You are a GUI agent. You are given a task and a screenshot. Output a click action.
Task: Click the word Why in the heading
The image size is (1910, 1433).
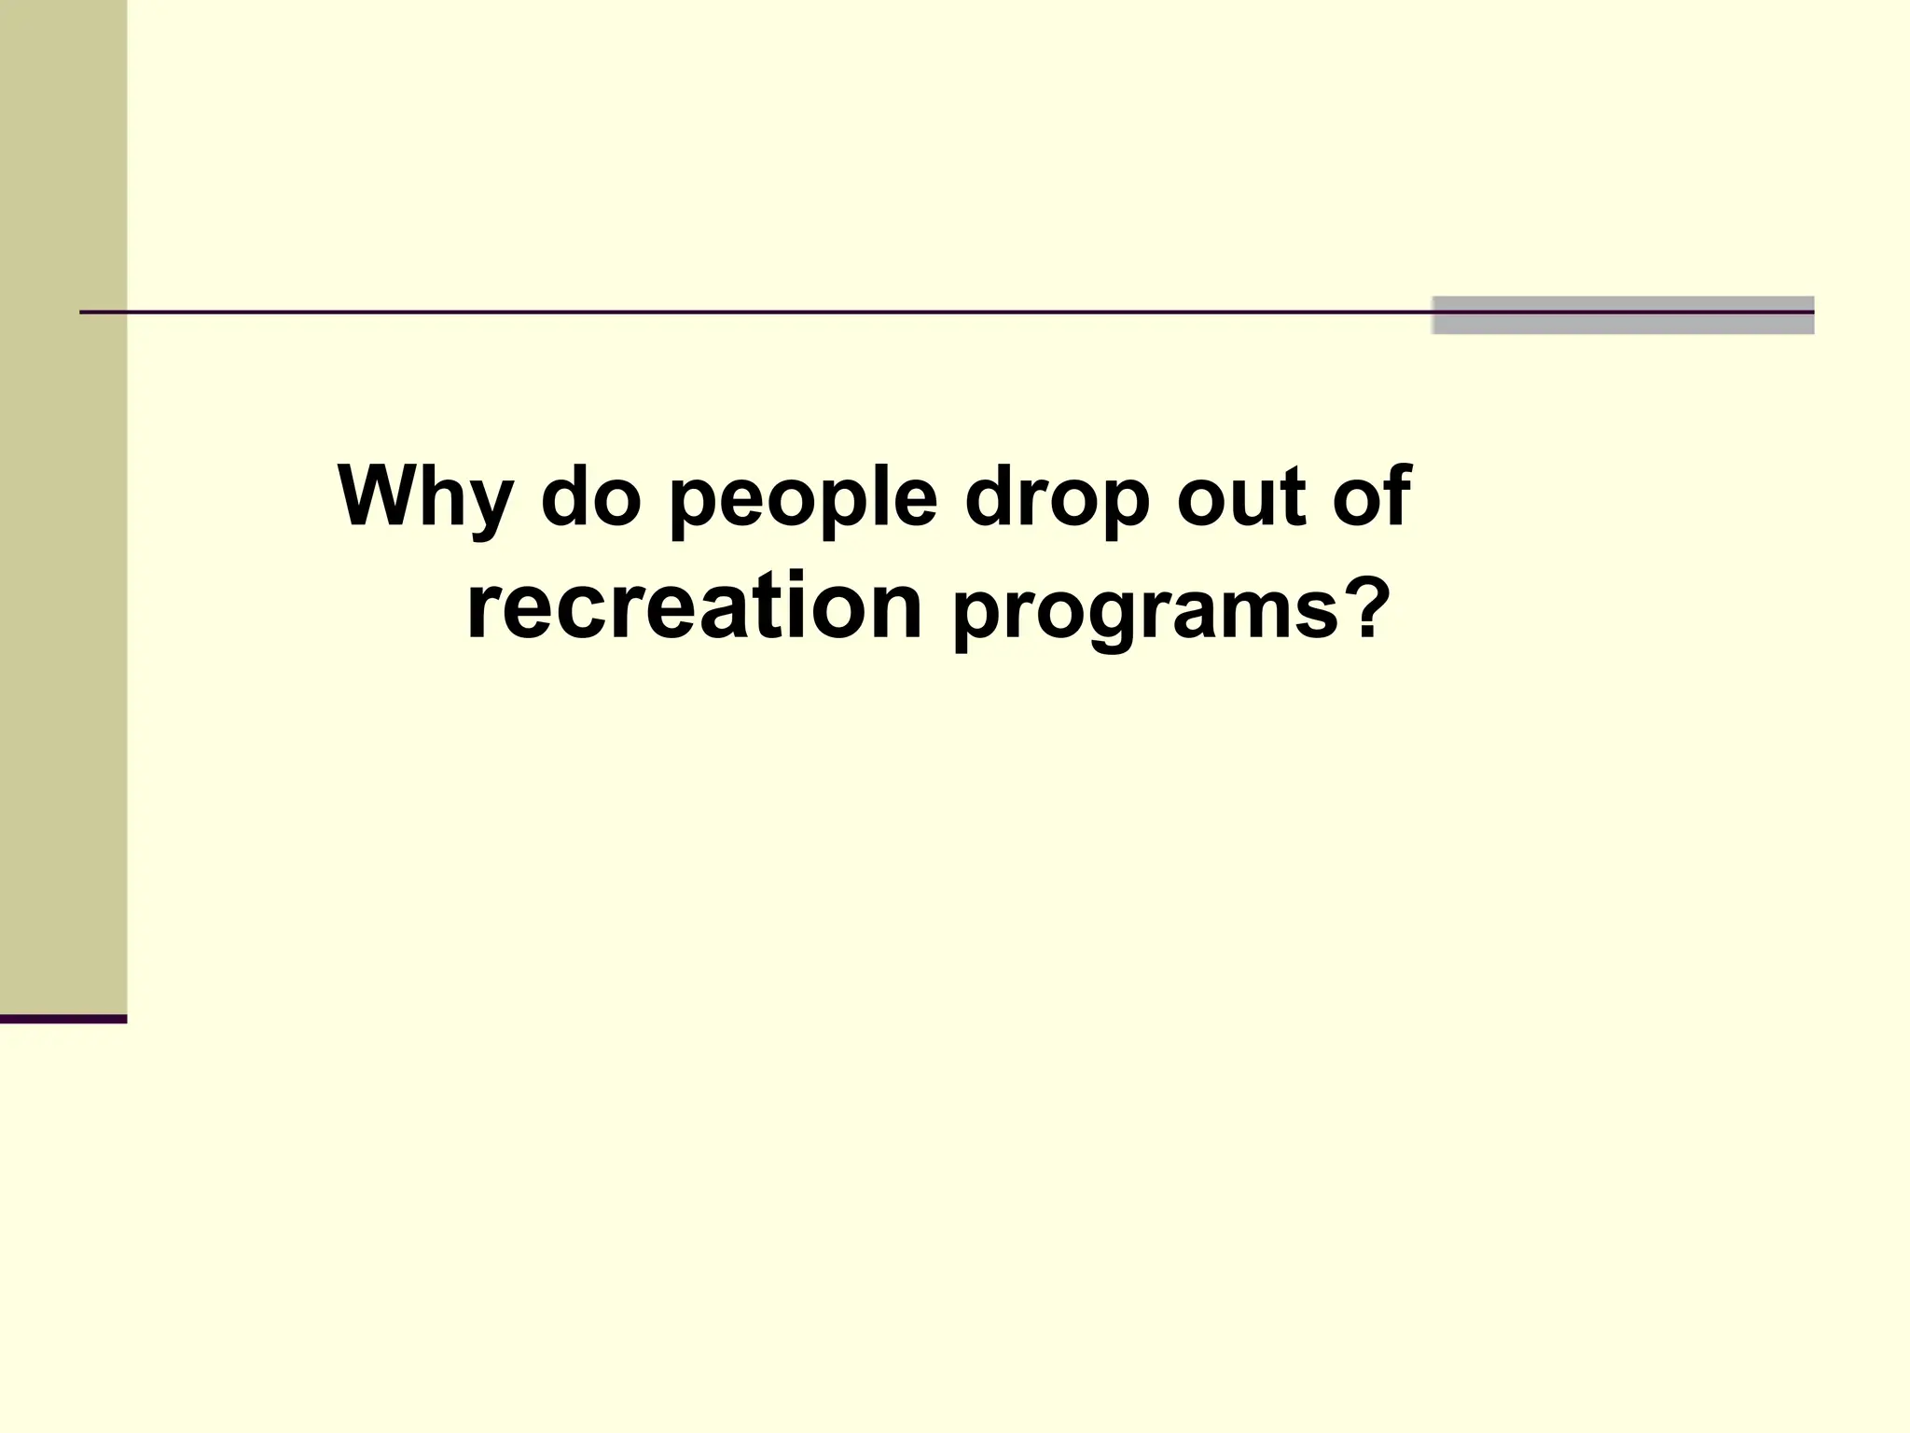[424, 498]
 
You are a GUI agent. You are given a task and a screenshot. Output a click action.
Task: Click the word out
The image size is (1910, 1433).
[1241, 498]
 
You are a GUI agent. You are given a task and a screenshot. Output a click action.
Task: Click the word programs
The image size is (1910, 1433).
[1143, 616]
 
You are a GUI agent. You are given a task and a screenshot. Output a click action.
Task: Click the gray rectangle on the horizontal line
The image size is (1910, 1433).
[1623, 315]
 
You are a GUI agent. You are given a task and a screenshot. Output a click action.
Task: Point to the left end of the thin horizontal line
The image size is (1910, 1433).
[84, 313]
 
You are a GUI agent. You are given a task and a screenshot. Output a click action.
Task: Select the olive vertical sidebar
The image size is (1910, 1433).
[63, 504]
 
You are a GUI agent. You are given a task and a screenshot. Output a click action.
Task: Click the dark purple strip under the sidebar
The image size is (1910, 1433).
[63, 1019]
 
